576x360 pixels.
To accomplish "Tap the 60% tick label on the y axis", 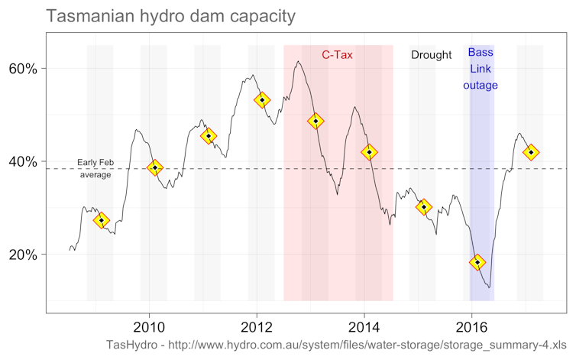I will [x=23, y=69].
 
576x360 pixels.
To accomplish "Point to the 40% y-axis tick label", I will [x=23, y=162].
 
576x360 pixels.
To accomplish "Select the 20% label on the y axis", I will [x=23, y=255].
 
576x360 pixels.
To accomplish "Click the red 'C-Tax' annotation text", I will [x=337, y=54].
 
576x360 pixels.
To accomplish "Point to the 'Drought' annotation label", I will [x=432, y=55].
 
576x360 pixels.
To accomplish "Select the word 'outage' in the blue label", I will [x=480, y=86].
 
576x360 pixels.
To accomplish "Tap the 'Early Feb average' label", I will [x=95, y=168].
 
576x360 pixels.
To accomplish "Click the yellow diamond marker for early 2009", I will [x=101, y=220].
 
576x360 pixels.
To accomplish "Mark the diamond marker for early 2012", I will [x=262, y=100].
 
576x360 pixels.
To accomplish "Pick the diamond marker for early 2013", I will [x=316, y=121].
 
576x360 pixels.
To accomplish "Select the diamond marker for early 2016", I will [x=477, y=262].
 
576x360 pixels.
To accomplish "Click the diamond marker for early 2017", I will [x=531, y=152].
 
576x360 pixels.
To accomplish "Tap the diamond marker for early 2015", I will [x=424, y=206].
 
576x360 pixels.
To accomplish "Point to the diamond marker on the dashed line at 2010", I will [x=155, y=167].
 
